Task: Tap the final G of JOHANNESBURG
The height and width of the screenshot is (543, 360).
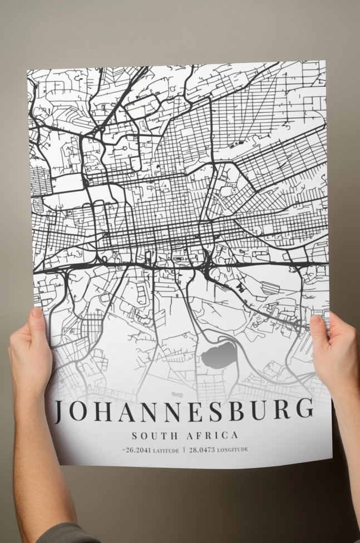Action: tap(303, 409)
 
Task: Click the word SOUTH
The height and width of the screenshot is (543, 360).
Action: tap(151, 436)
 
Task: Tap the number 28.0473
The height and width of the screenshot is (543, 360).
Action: tap(202, 450)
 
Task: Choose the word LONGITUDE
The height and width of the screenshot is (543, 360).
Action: tap(233, 450)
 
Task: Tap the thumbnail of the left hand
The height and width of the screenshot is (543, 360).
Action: tap(37, 313)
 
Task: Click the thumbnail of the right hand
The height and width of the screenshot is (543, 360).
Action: tap(315, 320)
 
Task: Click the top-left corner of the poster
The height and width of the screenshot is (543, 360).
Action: tap(27, 71)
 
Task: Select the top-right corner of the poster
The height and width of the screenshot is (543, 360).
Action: tap(324, 61)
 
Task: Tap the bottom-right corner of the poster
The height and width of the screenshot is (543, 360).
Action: tap(332, 459)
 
